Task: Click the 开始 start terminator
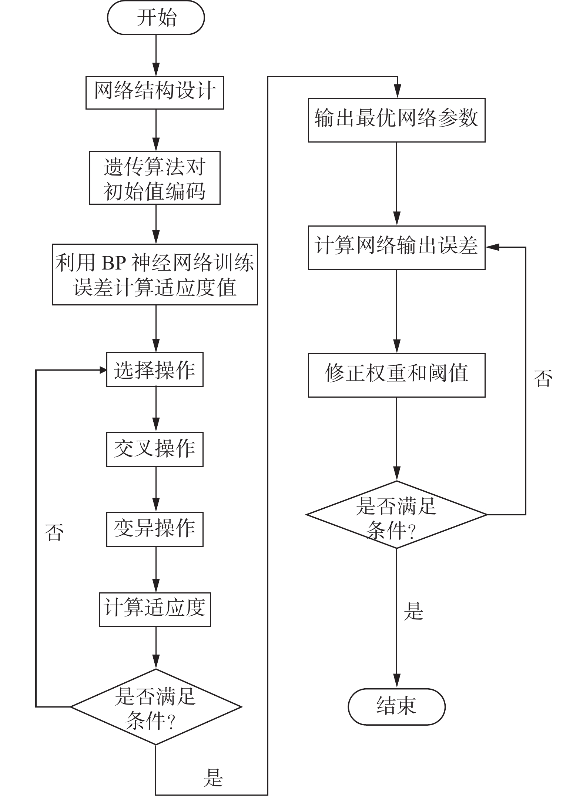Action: pyautogui.click(x=156, y=18)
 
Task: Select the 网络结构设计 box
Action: pyautogui.click(x=155, y=93)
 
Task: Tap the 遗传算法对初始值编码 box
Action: pyautogui.click(x=155, y=178)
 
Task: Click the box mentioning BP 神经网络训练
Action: pyautogui.click(x=155, y=274)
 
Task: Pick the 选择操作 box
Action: pyautogui.click(x=155, y=369)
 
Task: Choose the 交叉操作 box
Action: pyautogui.click(x=155, y=449)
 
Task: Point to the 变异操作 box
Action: pyautogui.click(x=155, y=529)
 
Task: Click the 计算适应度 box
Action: pyautogui.click(x=155, y=609)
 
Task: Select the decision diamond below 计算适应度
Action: pyautogui.click(x=156, y=707)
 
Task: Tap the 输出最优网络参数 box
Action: pyautogui.click(x=396, y=120)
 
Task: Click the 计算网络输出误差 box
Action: pyautogui.click(x=396, y=247)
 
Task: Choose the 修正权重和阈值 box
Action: pyautogui.click(x=396, y=375)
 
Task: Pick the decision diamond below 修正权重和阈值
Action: pyautogui.click(x=396, y=515)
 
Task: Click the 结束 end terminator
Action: pyautogui.click(x=396, y=707)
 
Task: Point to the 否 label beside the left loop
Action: pyautogui.click(x=54, y=532)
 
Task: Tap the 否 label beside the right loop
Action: pyautogui.click(x=543, y=378)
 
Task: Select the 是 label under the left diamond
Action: pyautogui.click(x=213, y=777)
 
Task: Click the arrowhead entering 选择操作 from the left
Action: pyautogui.click(x=103, y=369)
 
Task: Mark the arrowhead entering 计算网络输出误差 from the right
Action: pyautogui.click(x=490, y=247)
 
